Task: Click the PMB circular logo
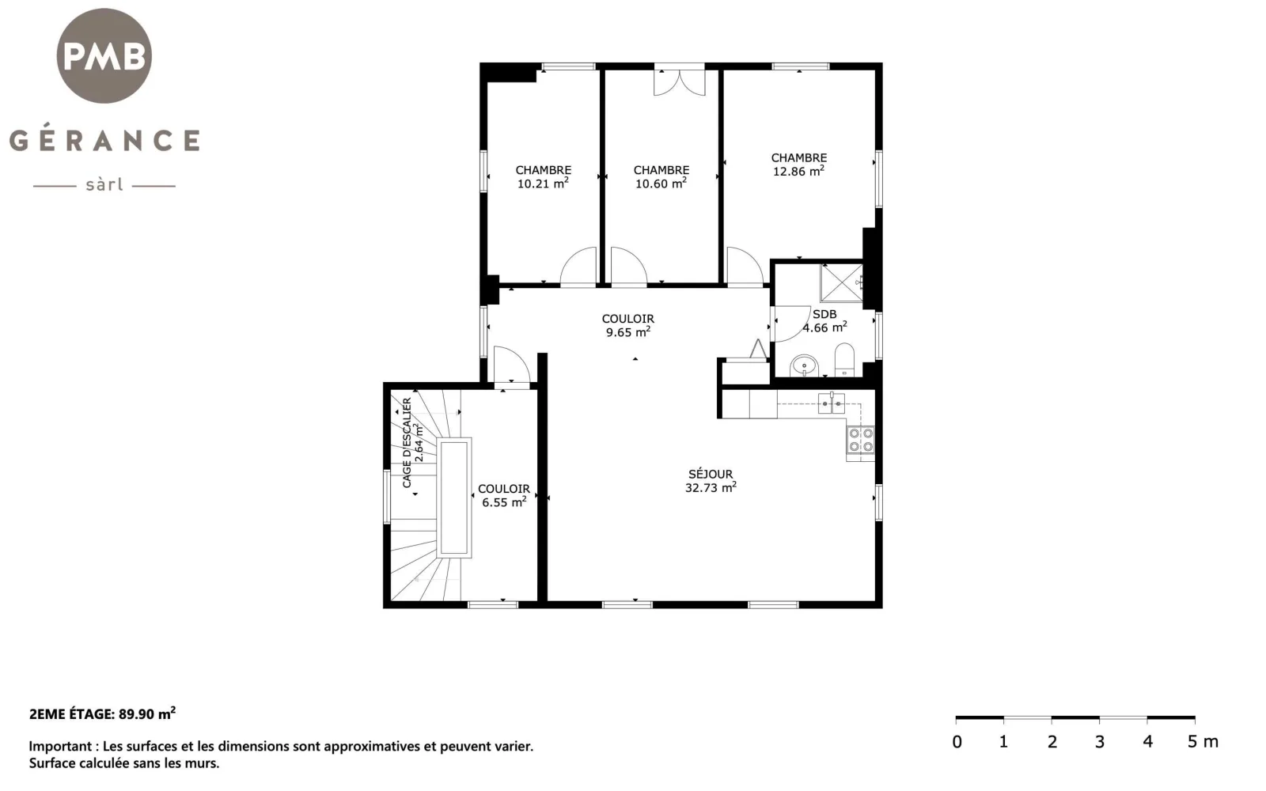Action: click(x=104, y=55)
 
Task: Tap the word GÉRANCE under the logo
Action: click(x=104, y=140)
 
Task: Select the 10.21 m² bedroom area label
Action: click(x=543, y=177)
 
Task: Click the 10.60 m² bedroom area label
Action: click(x=661, y=177)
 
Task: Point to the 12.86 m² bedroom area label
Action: click(x=798, y=165)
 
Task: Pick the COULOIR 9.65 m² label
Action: click(x=628, y=325)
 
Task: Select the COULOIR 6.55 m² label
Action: click(x=503, y=495)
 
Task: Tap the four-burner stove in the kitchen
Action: click(x=860, y=440)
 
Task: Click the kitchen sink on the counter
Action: click(x=832, y=403)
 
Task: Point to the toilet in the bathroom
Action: click(x=844, y=359)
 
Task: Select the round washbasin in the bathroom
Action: click(x=804, y=366)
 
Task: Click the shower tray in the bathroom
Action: click(x=842, y=283)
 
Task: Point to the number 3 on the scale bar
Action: click(x=1099, y=741)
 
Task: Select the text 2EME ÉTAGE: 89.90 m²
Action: click(x=102, y=713)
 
